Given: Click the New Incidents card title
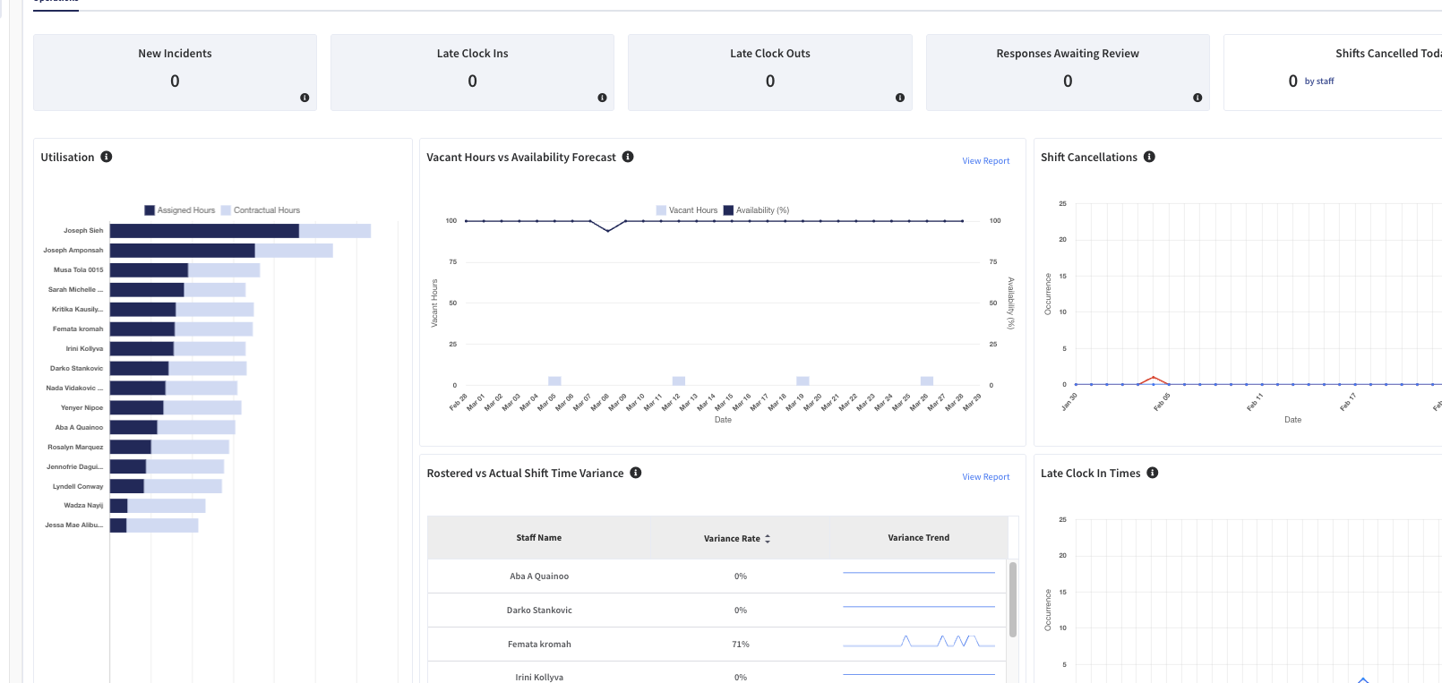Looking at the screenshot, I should coord(175,54).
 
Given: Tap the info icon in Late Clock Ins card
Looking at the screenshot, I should coord(602,98).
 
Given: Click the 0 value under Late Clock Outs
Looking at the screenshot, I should coord(770,81).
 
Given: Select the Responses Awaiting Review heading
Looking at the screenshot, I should coord(1068,54).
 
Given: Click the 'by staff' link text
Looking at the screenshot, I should coord(1319,81).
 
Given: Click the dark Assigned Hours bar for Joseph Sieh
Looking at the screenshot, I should coord(204,231).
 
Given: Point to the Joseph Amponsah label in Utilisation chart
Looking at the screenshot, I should coord(73,251).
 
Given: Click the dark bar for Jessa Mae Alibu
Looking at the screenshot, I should coord(118,525).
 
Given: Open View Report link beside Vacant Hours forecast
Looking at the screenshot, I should coord(985,161).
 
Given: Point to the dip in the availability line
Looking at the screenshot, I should coord(608,231).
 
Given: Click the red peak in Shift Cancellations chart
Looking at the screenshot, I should coord(1154,378).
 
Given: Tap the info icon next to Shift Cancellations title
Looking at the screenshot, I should coord(1149,157).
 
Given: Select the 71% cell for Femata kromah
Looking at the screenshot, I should coord(741,645).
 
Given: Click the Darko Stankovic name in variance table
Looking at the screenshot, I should coord(539,610).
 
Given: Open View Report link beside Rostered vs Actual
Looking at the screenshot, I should coord(985,477).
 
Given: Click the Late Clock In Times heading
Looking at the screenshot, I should coord(1090,474).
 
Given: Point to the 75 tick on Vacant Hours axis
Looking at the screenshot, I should coord(453,262).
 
